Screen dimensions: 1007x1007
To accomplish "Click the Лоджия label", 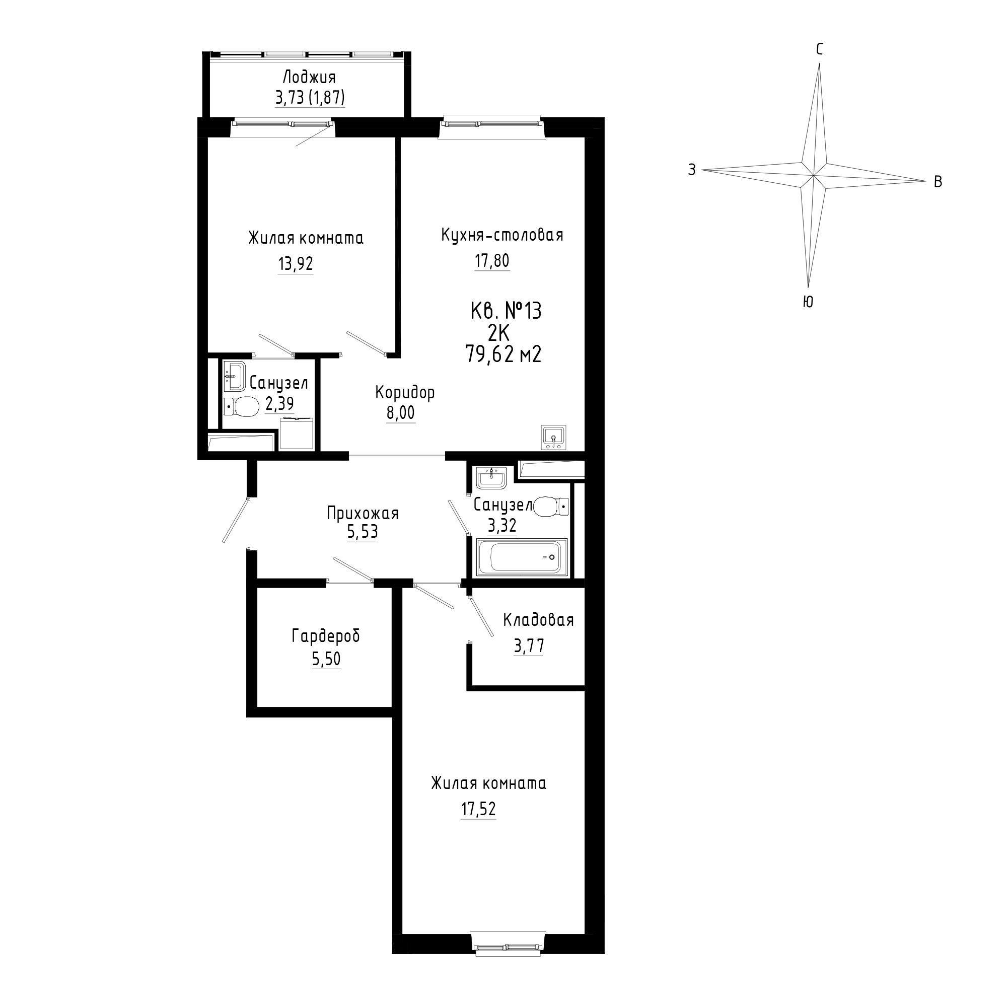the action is tap(309, 78).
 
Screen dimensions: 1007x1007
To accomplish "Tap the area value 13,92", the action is tap(296, 264).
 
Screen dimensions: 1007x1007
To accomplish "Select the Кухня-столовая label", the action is tap(502, 235).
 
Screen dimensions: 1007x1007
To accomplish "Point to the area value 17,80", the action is tap(491, 260).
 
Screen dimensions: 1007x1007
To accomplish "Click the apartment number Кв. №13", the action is tap(506, 311).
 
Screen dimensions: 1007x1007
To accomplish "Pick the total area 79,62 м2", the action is tap(503, 354).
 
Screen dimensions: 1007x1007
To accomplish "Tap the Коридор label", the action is tap(405, 393).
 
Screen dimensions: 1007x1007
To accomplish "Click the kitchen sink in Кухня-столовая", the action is tap(553, 437).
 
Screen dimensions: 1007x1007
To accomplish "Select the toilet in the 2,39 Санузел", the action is tap(241, 406).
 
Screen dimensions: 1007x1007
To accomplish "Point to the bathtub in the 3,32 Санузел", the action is tap(522, 557).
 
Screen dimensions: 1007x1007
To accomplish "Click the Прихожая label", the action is tap(363, 514).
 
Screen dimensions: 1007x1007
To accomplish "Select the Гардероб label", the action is tap(326, 636).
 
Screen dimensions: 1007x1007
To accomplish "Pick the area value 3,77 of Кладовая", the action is tap(529, 646).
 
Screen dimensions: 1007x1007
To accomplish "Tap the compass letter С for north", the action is tap(820, 49).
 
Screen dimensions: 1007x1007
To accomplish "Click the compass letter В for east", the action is tap(938, 181).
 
